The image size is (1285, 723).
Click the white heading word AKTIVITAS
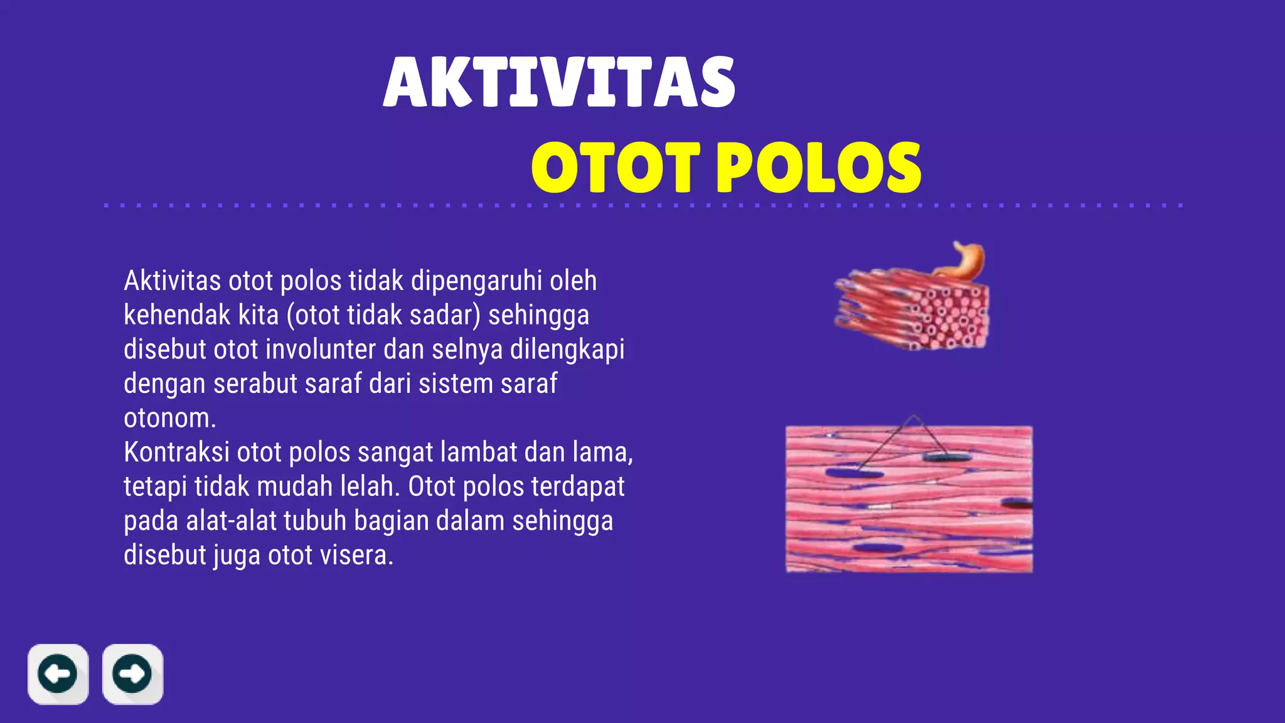pos(558,82)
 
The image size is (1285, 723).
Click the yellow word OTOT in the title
pos(616,167)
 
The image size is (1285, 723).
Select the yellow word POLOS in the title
pos(819,167)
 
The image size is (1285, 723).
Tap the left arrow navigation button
pos(58,674)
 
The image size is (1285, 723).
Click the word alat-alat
pos(231,521)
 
